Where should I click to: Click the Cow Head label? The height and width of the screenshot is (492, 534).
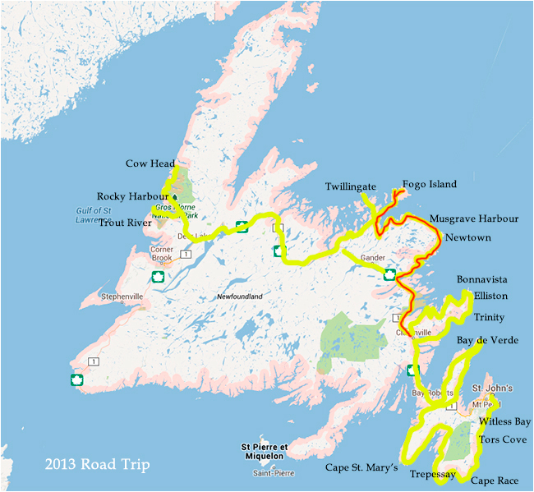[150, 164]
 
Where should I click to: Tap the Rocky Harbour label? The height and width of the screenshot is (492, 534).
[132, 196]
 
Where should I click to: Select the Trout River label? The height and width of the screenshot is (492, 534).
[128, 223]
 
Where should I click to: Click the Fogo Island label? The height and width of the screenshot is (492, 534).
[430, 184]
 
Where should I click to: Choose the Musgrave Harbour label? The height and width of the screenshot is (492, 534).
[474, 219]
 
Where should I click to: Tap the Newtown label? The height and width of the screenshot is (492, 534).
[468, 237]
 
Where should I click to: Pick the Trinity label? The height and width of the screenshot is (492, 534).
[489, 317]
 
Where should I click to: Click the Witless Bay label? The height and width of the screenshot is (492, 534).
[504, 421]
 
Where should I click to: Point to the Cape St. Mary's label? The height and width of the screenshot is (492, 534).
[361, 468]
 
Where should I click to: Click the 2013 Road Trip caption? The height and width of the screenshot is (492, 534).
[97, 466]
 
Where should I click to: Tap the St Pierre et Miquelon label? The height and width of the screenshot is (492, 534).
[263, 451]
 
